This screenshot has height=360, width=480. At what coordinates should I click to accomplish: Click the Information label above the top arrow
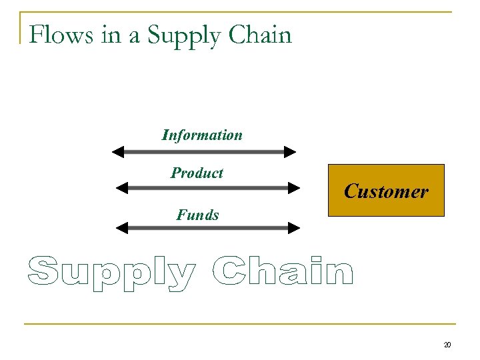pyautogui.click(x=202, y=135)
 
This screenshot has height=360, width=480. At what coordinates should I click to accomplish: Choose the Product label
pyautogui.click(x=197, y=173)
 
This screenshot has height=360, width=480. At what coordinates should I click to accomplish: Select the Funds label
pyautogui.click(x=197, y=215)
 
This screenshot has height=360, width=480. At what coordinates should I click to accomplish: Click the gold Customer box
pyautogui.click(x=386, y=191)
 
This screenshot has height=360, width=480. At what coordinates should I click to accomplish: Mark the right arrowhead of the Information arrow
pyautogui.click(x=289, y=152)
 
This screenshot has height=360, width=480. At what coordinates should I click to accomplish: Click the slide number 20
pyautogui.click(x=447, y=345)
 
